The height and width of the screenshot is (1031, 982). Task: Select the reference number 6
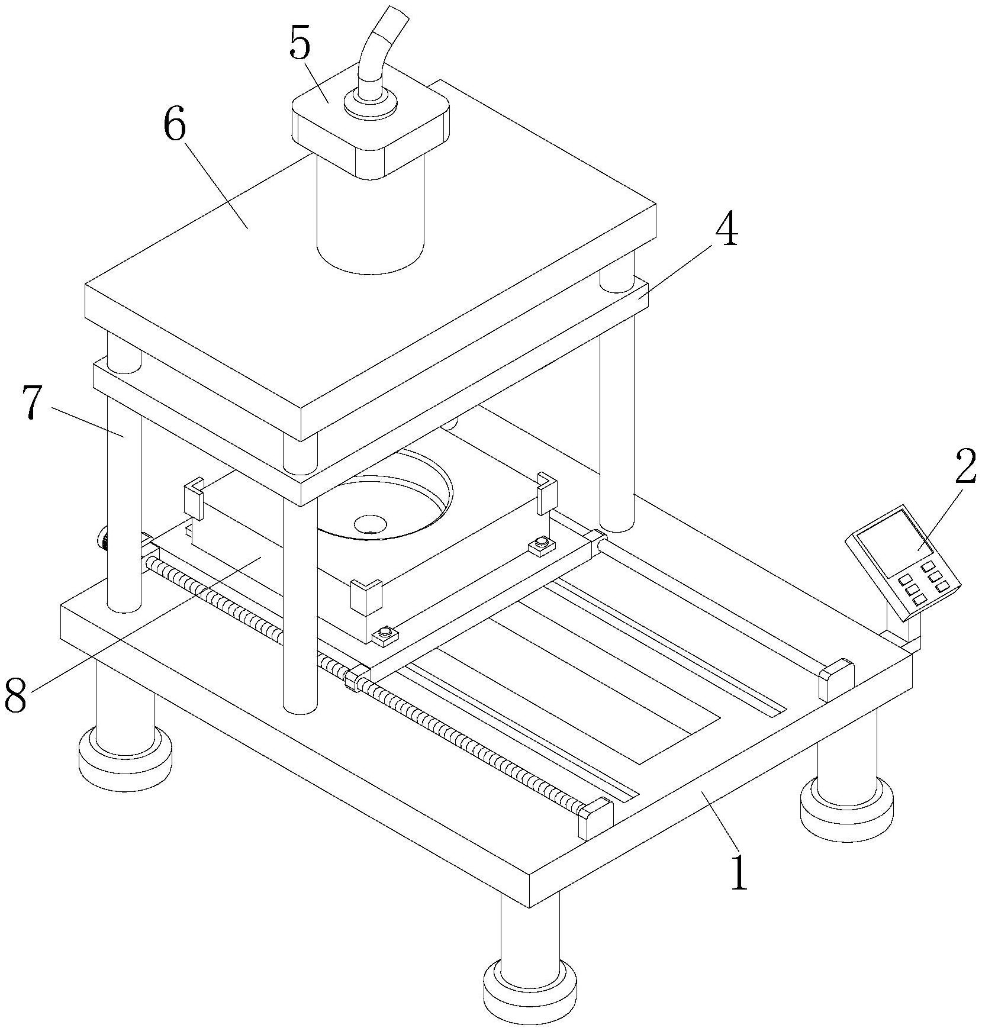tap(175, 126)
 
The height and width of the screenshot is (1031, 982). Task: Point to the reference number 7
tap(33, 403)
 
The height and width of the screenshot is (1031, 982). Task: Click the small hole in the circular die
tap(369, 523)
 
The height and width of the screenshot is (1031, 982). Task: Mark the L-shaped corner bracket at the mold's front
tap(367, 596)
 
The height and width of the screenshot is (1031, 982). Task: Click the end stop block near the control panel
tap(836, 679)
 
